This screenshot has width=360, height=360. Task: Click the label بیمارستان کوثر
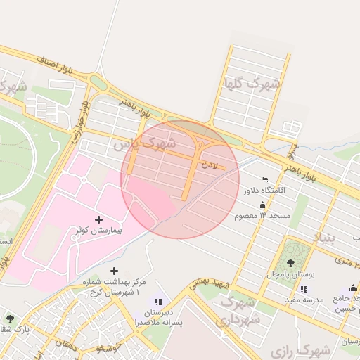tap(98, 230)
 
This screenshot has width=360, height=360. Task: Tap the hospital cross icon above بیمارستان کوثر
tap(98, 219)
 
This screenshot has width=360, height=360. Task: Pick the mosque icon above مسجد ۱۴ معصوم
tap(262, 205)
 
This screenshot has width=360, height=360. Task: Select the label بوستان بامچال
tap(290, 273)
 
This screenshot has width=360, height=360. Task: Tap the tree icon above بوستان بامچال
tap(290, 263)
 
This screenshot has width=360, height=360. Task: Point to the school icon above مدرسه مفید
tap(304, 289)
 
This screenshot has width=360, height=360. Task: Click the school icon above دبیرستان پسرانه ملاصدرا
tap(157, 302)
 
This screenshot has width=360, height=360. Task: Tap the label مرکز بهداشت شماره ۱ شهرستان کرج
tap(113, 286)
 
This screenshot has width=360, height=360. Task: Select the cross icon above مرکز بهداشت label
tap(114, 271)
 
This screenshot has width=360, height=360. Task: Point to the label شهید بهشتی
tap(213, 283)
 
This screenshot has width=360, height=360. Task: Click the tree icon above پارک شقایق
tap(10, 319)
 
